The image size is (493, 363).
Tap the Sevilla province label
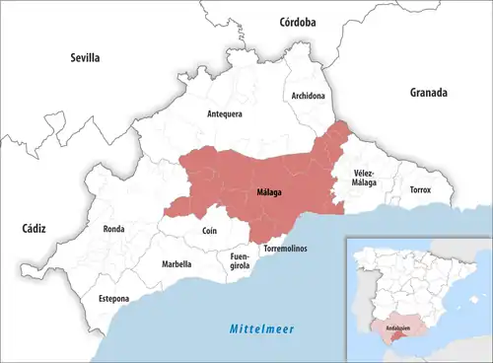pyautogui.click(x=86, y=58)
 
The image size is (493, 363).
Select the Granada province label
pyautogui.click(x=429, y=93)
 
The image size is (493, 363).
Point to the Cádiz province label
pyautogui.click(x=34, y=228)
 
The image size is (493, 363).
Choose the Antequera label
pyautogui.click(x=224, y=113)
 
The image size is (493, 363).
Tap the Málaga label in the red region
pyautogui.click(x=268, y=192)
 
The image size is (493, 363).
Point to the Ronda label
pyautogui.click(x=113, y=229)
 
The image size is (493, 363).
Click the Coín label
pyautogui.click(x=209, y=231)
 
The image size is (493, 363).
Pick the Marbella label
pyautogui.click(x=176, y=264)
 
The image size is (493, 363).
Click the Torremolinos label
pyautogui.click(x=286, y=248)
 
